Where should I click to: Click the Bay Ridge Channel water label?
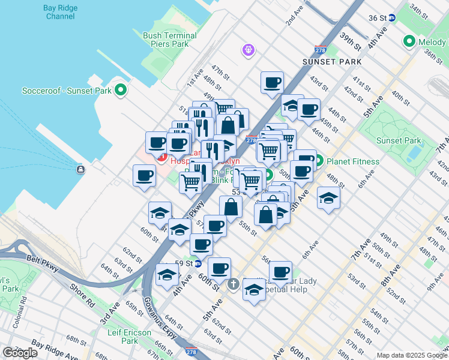pyautogui.click(x=59, y=12)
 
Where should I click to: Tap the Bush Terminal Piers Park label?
pyautogui.click(x=170, y=40)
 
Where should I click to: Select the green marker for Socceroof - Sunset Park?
pyautogui.click(x=121, y=91)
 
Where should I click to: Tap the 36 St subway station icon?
pyautogui.click(x=391, y=18)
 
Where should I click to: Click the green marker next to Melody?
pyautogui.click(x=410, y=41)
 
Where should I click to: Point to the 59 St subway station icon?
pyautogui.click(x=197, y=263)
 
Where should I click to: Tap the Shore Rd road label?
pyautogui.click(x=81, y=295)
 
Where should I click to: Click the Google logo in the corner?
pyautogui.click(x=20, y=353)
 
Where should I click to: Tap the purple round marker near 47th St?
pyautogui.click(x=249, y=50)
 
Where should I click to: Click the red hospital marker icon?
pyautogui.click(x=161, y=157)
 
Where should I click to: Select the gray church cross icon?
pyautogui.click(x=233, y=284)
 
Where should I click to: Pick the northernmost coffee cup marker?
pyautogui.click(x=272, y=82)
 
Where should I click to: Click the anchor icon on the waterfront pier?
pyautogui.click(x=80, y=169)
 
